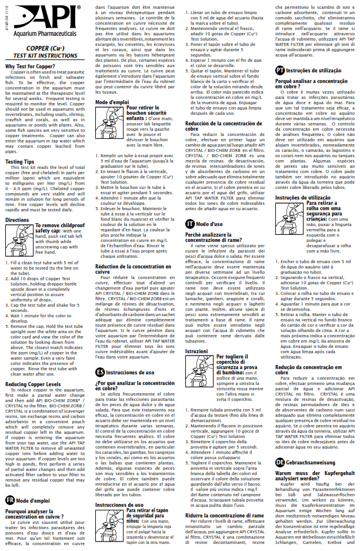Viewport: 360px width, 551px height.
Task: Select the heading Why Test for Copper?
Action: pyautogui.click(x=31, y=66)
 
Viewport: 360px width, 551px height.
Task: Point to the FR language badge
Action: pyautogui.click(x=9, y=500)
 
